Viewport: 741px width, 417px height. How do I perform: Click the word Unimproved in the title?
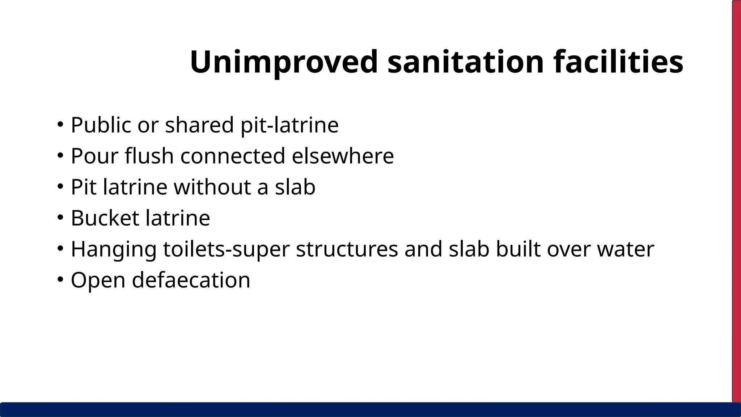284,62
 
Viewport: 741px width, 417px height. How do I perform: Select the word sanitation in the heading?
466,62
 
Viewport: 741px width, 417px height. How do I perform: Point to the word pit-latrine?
289,125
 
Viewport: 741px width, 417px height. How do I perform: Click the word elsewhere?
343,156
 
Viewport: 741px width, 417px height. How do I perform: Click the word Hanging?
113,249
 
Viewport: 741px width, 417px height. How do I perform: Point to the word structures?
347,249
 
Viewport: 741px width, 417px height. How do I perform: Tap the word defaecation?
191,281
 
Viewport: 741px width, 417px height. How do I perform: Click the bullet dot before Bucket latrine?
60,218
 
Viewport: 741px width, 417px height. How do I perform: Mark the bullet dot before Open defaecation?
60,280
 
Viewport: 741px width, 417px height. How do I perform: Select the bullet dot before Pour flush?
60,156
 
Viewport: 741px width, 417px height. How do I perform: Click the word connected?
233,156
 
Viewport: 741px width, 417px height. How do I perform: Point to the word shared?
199,125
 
